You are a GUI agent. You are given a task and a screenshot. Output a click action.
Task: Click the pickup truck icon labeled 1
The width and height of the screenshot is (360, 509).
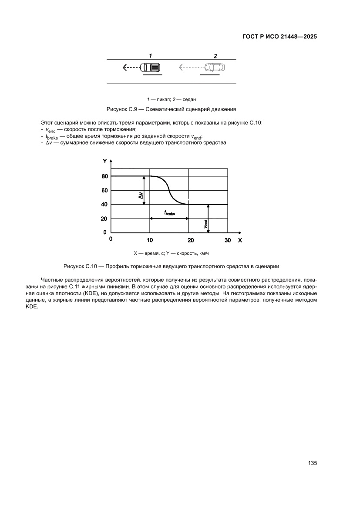click(x=151, y=67)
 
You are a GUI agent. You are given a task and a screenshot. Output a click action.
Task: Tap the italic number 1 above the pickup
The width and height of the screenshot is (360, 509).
click(x=150, y=56)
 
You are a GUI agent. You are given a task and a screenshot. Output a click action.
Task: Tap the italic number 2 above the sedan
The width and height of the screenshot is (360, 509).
click(x=215, y=56)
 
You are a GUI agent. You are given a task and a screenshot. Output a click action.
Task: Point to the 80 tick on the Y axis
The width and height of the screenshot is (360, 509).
click(x=104, y=176)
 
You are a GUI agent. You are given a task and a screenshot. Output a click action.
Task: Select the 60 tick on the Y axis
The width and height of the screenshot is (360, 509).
click(x=104, y=190)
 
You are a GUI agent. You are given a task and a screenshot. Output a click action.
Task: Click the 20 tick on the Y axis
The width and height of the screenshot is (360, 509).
click(x=104, y=219)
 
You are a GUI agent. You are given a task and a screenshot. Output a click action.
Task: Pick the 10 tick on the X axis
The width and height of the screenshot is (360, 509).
click(x=150, y=240)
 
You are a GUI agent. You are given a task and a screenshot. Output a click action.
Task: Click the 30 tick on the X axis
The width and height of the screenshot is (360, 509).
click(x=228, y=240)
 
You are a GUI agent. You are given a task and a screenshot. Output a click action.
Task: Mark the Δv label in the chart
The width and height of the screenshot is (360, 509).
click(x=141, y=196)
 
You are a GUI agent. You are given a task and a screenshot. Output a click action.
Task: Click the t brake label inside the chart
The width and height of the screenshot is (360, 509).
click(x=169, y=213)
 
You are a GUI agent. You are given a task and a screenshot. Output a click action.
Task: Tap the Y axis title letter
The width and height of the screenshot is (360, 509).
click(x=104, y=161)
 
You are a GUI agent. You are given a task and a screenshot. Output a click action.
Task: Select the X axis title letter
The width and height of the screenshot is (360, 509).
click(x=240, y=240)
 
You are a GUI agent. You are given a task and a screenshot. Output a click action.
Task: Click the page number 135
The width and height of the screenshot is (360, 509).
click(x=312, y=463)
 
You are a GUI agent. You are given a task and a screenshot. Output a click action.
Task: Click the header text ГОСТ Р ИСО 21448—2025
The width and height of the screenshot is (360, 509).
click(x=279, y=37)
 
